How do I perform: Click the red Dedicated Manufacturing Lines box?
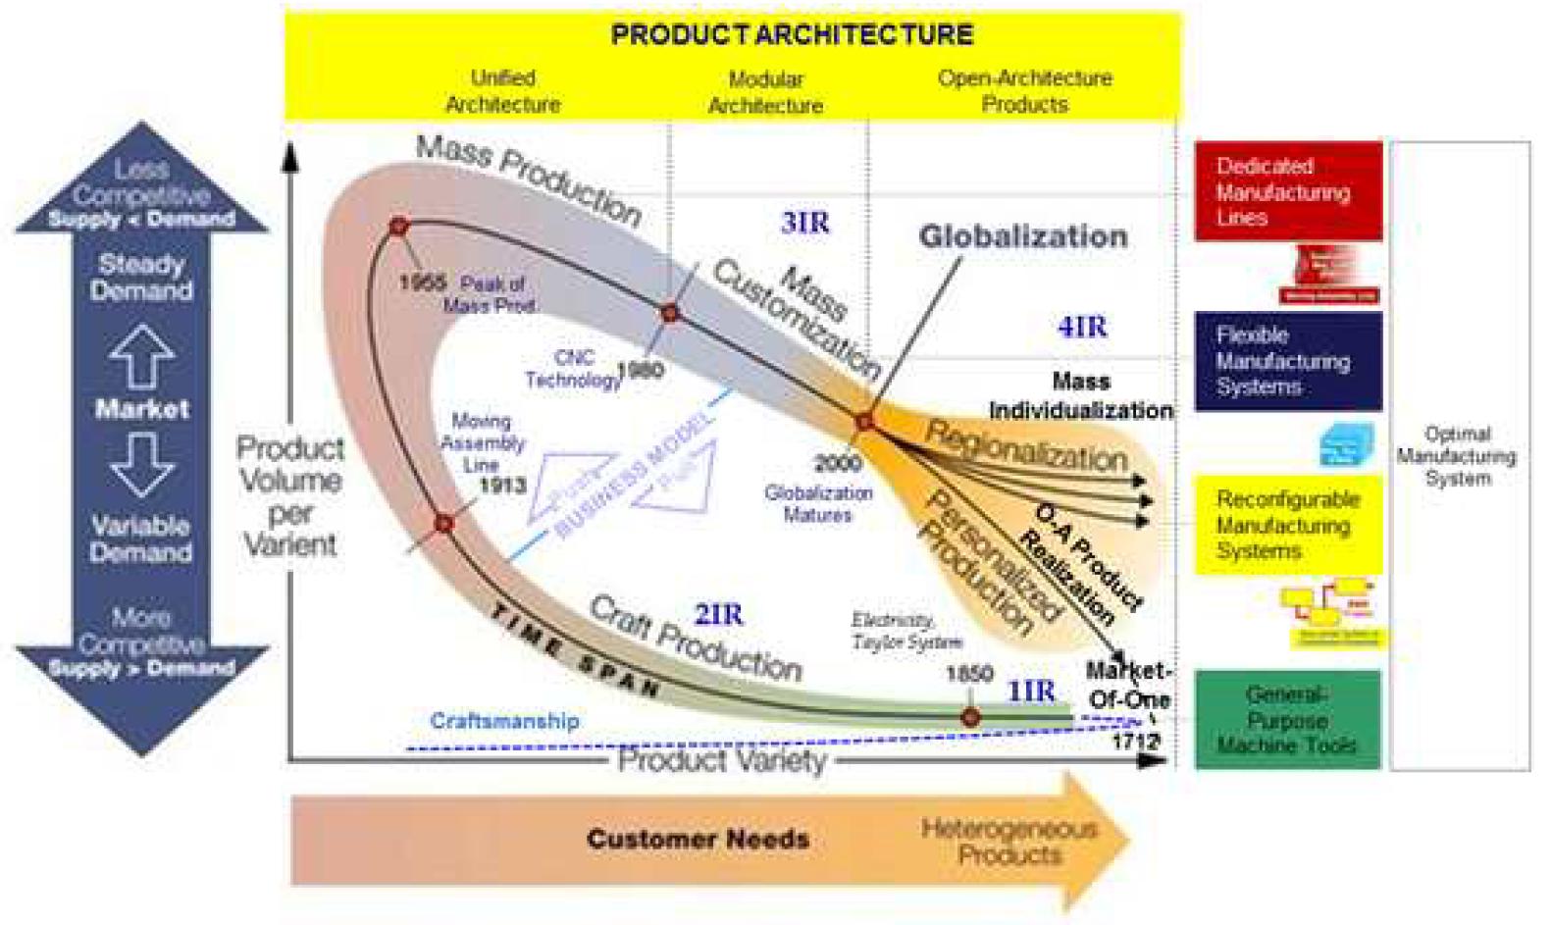(x=1287, y=191)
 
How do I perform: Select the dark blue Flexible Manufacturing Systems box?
(x=1287, y=361)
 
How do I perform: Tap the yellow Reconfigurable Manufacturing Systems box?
(x=1287, y=525)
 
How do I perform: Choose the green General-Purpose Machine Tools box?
(x=1287, y=720)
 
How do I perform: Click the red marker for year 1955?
(x=398, y=227)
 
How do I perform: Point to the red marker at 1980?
(x=670, y=314)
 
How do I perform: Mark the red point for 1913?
(x=443, y=524)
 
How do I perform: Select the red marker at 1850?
(x=970, y=718)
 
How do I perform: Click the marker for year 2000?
(x=863, y=423)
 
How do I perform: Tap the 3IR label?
(x=804, y=223)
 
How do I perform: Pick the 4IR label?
(x=1081, y=327)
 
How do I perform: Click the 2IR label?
(x=718, y=615)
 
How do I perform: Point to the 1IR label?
(x=1031, y=691)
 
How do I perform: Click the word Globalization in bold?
(x=1022, y=236)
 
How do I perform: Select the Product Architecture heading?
(x=792, y=35)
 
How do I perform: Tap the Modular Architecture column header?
(x=765, y=92)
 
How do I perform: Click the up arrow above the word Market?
(x=142, y=356)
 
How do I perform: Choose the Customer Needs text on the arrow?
(x=698, y=840)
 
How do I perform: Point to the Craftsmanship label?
(x=504, y=721)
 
